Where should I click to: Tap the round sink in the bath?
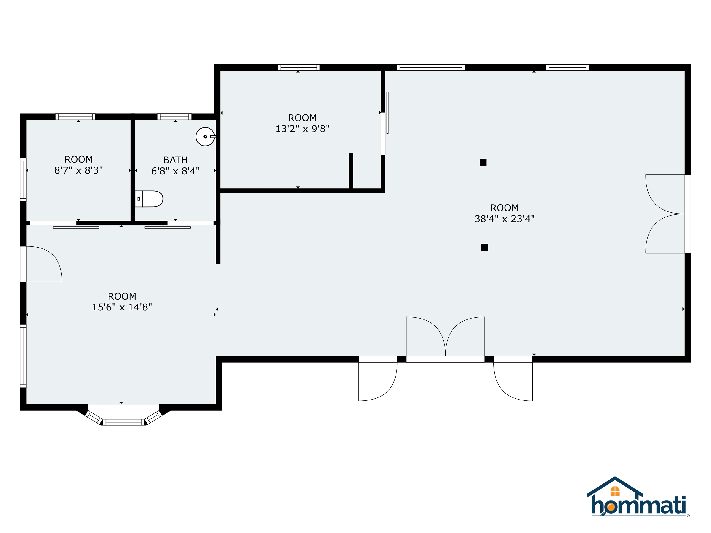click(205, 136)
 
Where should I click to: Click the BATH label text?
click(175, 160)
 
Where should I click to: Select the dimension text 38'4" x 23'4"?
click(504, 219)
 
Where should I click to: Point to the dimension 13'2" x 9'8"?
click(302, 129)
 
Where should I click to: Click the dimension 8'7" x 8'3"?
click(78, 170)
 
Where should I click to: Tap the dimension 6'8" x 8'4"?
click(175, 171)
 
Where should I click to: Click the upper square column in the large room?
click(483, 162)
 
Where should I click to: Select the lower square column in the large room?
click(484, 247)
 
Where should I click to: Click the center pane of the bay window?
click(124, 422)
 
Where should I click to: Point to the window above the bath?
click(174, 117)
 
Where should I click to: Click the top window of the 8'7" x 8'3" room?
click(75, 117)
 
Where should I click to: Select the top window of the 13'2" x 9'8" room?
click(299, 68)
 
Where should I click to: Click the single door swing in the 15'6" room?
click(43, 264)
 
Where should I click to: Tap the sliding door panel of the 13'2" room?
click(387, 113)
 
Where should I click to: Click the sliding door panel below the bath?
click(168, 227)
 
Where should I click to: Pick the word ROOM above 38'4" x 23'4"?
click(504, 208)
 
